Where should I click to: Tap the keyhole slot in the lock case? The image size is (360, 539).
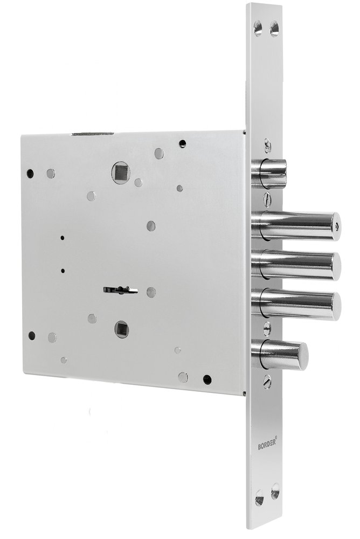120,290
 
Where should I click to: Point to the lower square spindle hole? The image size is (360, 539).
122,329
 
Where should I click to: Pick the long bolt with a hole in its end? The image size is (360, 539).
295,226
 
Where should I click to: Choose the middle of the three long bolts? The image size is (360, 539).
296,265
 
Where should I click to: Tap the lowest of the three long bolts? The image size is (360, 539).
296,305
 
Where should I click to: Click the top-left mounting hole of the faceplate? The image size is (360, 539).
258,27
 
